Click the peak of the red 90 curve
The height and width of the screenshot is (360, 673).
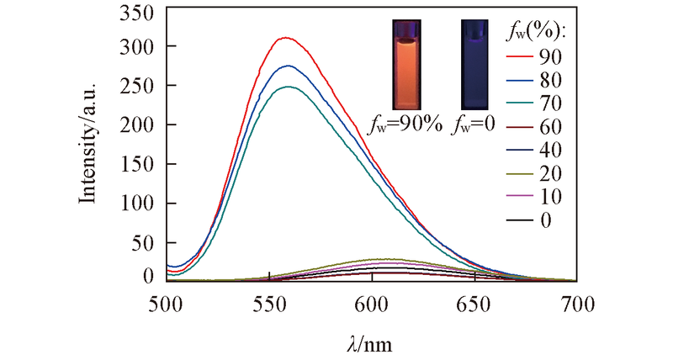pyautogui.click(x=286, y=38)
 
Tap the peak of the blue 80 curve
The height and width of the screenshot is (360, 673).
pyautogui.click(x=288, y=66)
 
